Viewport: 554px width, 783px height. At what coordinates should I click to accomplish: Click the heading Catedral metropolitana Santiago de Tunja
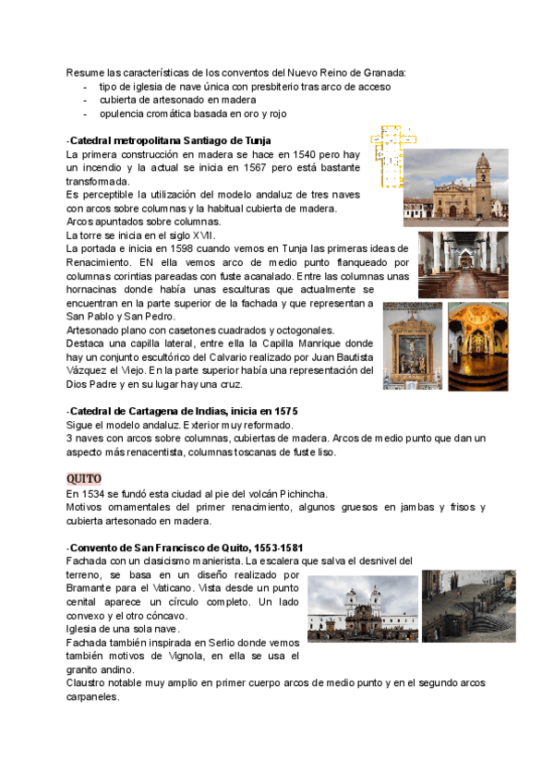(170, 139)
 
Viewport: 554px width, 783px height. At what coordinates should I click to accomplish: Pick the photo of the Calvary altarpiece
(413, 345)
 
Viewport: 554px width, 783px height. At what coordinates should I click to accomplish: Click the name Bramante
(96, 588)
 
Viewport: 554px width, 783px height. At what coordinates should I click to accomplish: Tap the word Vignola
(184, 656)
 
